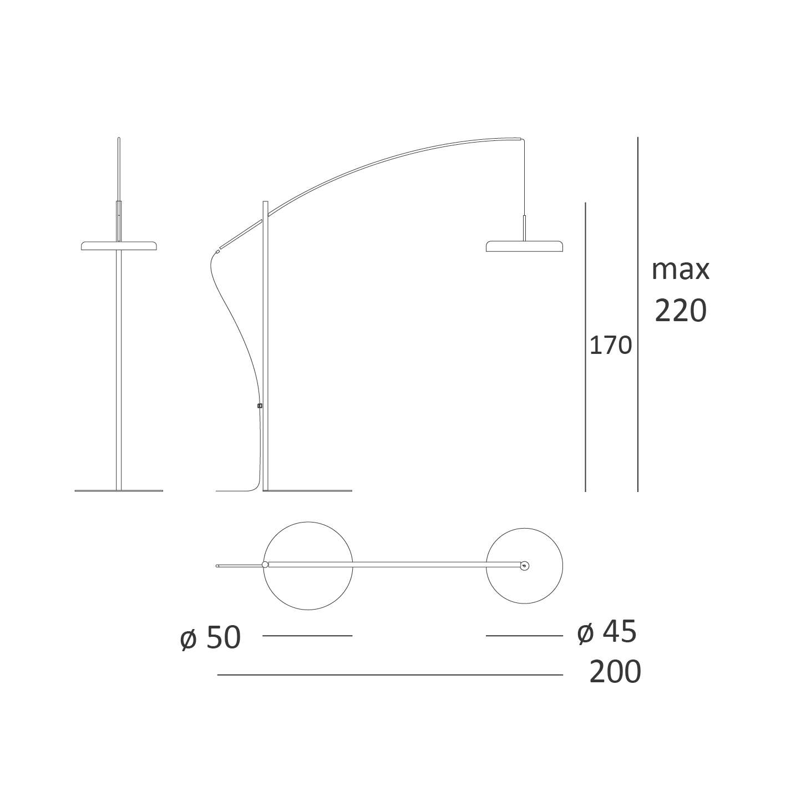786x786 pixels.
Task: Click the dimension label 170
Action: (611, 346)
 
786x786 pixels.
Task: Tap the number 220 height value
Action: (681, 311)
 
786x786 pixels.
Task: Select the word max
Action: (681, 270)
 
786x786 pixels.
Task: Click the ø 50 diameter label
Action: (210, 638)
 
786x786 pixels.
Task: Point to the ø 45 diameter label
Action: (607, 632)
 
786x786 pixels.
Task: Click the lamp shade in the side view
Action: (525, 246)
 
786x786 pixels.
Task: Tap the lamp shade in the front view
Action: (119, 246)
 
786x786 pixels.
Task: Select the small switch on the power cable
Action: (260, 406)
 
